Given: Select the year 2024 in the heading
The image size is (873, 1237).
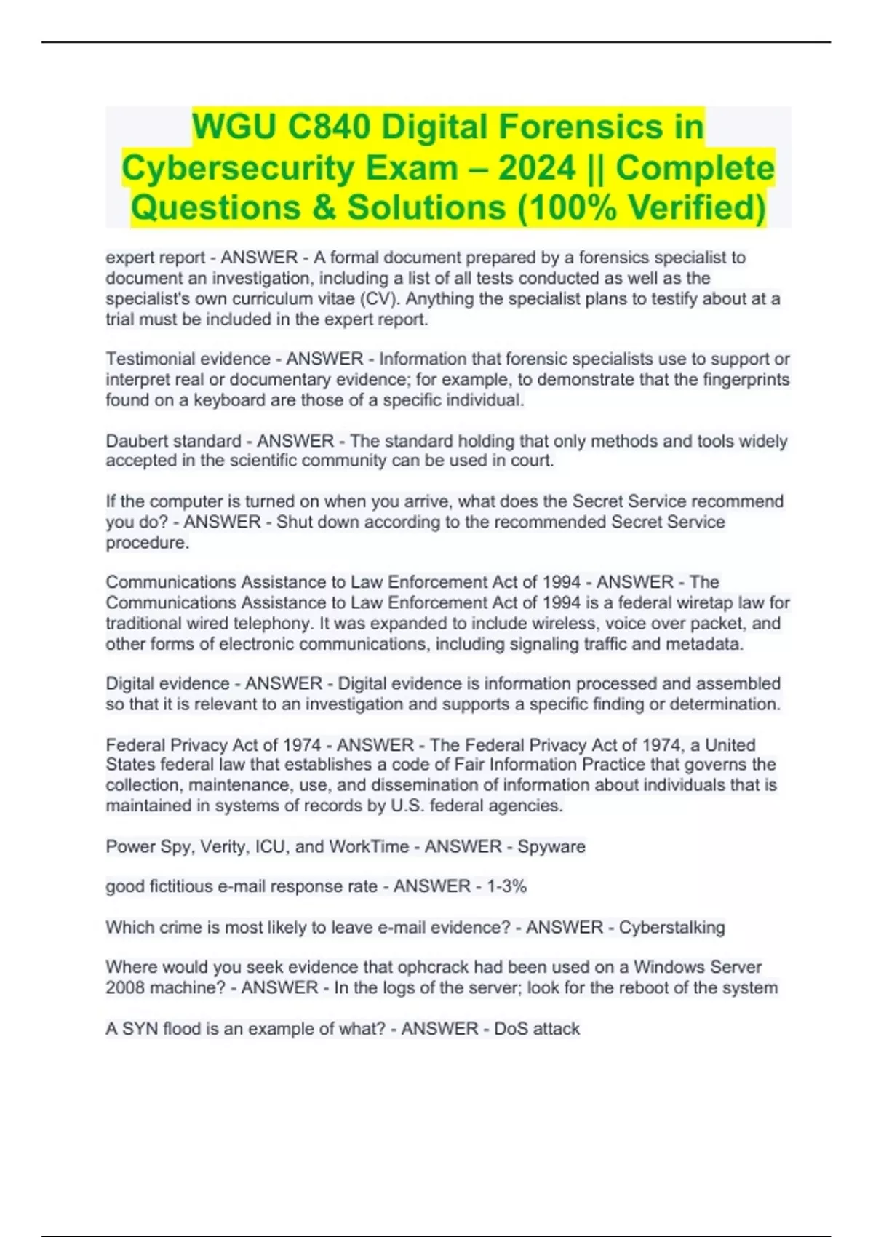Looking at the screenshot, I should tap(537, 167).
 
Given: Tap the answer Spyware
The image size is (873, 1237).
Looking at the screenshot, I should tap(551, 846).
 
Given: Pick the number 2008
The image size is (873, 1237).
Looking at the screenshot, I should tap(125, 987).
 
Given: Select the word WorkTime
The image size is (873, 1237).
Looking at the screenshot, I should tap(369, 846).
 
